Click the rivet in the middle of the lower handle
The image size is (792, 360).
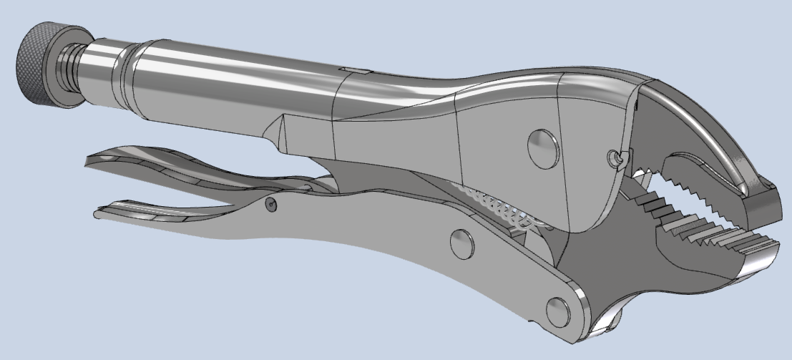461,243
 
